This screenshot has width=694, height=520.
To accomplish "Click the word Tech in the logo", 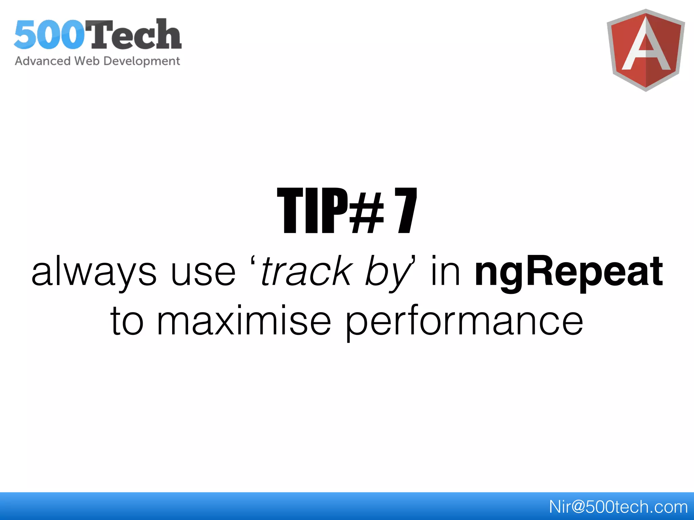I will [136, 35].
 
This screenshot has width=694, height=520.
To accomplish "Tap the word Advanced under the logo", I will [43, 61].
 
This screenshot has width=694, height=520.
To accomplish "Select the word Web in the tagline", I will [87, 61].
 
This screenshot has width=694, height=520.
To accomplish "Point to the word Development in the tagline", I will [142, 61].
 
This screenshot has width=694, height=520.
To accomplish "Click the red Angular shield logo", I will [646, 50].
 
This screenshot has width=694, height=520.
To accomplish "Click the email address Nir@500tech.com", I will [618, 507].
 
